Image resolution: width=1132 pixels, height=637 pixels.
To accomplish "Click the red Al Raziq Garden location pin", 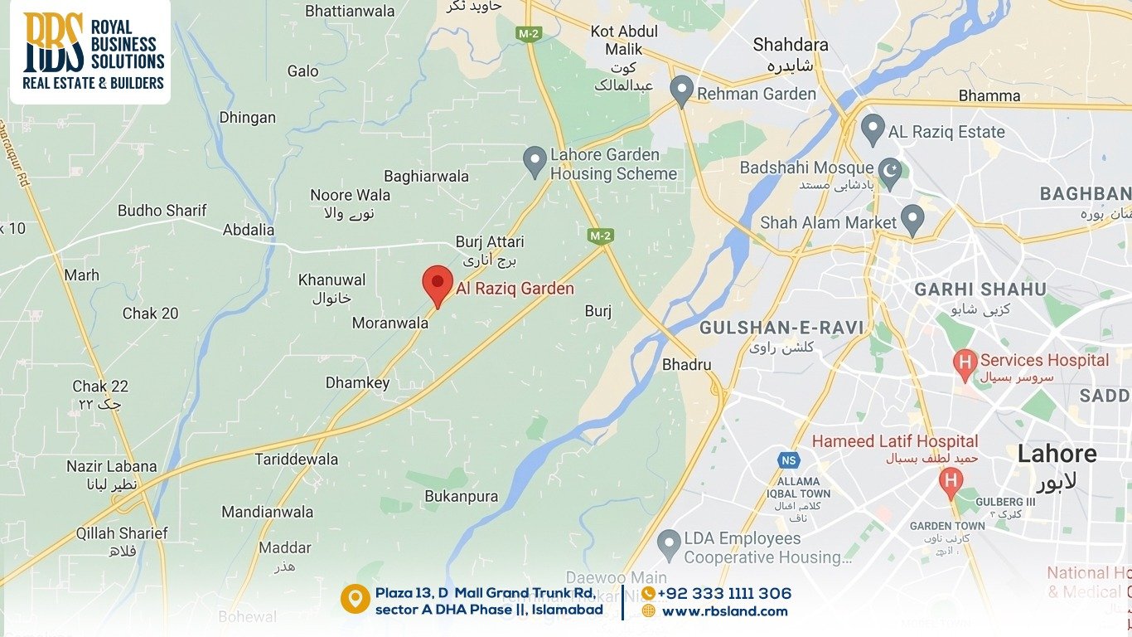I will pyautogui.click(x=438, y=284).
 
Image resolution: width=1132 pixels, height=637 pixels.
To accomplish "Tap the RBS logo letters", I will pyautogui.click(x=54, y=41).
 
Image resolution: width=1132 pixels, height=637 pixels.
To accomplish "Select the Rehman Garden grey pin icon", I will pyautogui.click(x=681, y=90).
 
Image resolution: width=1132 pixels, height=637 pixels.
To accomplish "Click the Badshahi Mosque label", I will pyautogui.click(x=806, y=168).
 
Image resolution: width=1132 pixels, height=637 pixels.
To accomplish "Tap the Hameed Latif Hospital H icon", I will pyautogui.click(x=951, y=480).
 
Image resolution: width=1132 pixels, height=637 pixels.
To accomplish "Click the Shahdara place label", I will pyautogui.click(x=790, y=45).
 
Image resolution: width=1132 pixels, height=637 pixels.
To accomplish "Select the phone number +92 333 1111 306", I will pyautogui.click(x=724, y=594).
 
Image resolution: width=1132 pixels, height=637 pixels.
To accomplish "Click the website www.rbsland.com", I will pyautogui.click(x=724, y=611).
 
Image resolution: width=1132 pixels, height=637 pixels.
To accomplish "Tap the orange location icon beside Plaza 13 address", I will pyautogui.click(x=355, y=599).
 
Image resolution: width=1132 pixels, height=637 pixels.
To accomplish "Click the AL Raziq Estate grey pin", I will pyautogui.click(x=872, y=129).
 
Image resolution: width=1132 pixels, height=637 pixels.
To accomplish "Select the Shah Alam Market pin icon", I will pyautogui.click(x=912, y=219).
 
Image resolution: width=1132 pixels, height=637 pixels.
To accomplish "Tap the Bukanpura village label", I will pyautogui.click(x=461, y=497).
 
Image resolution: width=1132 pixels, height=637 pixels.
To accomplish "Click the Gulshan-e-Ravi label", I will pyautogui.click(x=781, y=328).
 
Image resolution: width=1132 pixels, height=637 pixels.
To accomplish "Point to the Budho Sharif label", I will pyautogui.click(x=162, y=211).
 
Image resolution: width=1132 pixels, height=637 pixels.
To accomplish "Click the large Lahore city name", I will pyautogui.click(x=1057, y=454).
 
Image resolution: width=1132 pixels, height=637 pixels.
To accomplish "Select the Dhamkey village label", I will pyautogui.click(x=357, y=383).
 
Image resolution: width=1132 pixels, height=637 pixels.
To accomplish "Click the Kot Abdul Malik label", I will pyautogui.click(x=624, y=40).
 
